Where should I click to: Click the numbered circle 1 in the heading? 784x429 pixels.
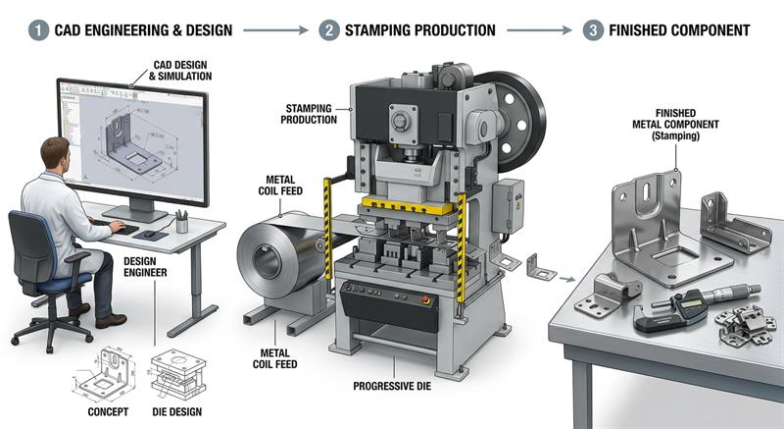(38, 30)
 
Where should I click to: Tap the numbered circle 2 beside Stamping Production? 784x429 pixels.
(329, 30)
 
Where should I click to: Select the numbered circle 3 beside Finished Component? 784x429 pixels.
(593, 30)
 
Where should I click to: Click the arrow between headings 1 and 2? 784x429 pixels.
(275, 30)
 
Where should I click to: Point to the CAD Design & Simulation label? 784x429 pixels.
(180, 71)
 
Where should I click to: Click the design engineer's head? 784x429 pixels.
(55, 155)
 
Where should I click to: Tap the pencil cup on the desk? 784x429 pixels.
(182, 222)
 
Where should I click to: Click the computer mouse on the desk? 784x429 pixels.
(150, 234)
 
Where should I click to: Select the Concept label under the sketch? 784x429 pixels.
(108, 412)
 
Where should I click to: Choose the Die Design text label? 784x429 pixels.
(177, 412)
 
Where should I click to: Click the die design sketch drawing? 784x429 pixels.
(178, 374)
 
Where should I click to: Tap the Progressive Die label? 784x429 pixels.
(392, 386)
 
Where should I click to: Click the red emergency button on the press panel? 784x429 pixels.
(426, 299)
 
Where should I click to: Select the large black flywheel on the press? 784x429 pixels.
(513, 120)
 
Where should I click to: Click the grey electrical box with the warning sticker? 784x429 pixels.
(508, 206)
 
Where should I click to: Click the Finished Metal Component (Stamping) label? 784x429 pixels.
(675, 125)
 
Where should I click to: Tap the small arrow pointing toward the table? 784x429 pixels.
(567, 279)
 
